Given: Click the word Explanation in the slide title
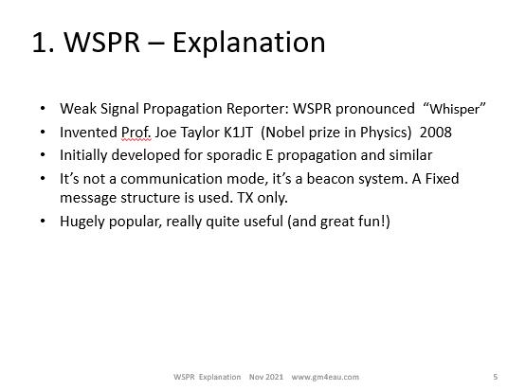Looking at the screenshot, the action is (248, 44).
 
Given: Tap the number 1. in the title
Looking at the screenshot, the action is (44, 43).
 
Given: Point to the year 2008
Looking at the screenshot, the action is (435, 133).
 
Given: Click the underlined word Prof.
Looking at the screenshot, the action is (136, 133).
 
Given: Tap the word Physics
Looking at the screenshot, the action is (386, 133).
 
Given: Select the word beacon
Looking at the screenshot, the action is (331, 179).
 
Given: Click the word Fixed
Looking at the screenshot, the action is (442, 179).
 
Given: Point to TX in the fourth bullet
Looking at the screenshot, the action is (245, 198).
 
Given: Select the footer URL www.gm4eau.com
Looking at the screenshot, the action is (325, 377).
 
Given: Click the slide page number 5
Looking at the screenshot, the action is (495, 377).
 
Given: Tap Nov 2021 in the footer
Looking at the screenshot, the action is (266, 377).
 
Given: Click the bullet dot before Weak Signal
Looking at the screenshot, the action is (43, 108).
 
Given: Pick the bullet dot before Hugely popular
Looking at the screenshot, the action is (43, 222).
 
